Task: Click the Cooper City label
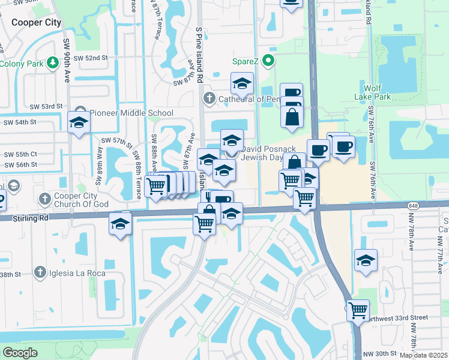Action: point(36,22)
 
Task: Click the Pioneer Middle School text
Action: point(131,113)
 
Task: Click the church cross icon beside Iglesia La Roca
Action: point(40,273)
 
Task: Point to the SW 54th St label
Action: point(20,122)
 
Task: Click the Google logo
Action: point(20,352)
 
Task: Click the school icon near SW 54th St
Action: point(79,122)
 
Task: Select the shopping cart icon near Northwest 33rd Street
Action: point(358,310)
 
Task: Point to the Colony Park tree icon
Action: point(53,62)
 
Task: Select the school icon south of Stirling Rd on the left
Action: point(120,224)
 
